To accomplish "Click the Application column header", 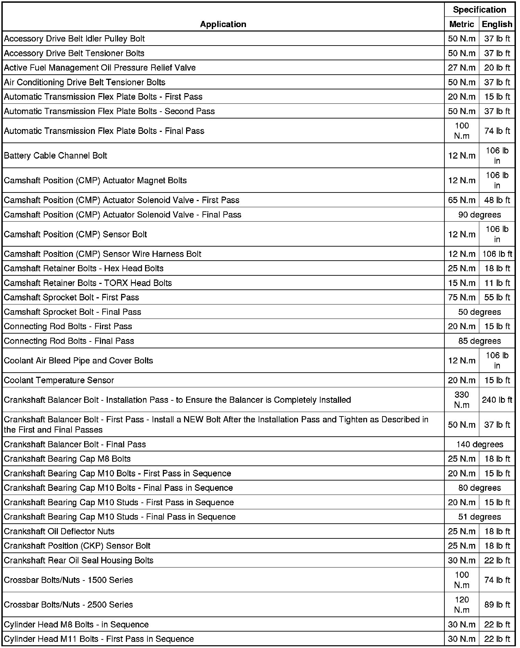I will (223, 24).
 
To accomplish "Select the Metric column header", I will (461, 24).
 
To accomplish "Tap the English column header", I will (497, 24).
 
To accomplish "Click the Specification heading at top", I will (479, 10).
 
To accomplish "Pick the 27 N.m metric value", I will (461, 68).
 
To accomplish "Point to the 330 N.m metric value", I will (461, 400).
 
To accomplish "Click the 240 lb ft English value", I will (497, 400).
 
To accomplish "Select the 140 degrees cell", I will (479, 445).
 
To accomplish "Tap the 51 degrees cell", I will (479, 517).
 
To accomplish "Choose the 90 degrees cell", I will (479, 215).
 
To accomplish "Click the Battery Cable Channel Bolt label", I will (55, 156).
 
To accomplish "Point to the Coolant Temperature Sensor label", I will (59, 380).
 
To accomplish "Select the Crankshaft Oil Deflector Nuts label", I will (59, 532).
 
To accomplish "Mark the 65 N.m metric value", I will (461, 200).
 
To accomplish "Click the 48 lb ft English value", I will (497, 200).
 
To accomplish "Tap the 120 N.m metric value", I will (461, 605).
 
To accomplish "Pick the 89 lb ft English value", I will (497, 605).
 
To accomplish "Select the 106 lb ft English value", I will (497, 254).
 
